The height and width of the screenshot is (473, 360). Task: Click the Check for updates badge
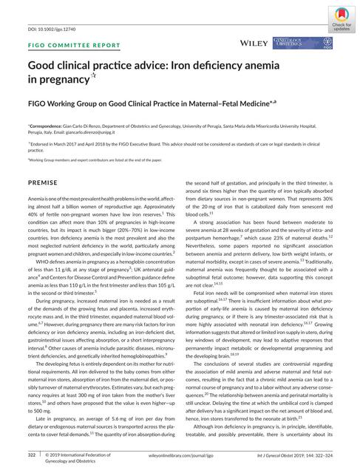341,16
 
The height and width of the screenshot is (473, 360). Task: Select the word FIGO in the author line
40,106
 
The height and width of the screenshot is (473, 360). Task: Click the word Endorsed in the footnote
43,145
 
